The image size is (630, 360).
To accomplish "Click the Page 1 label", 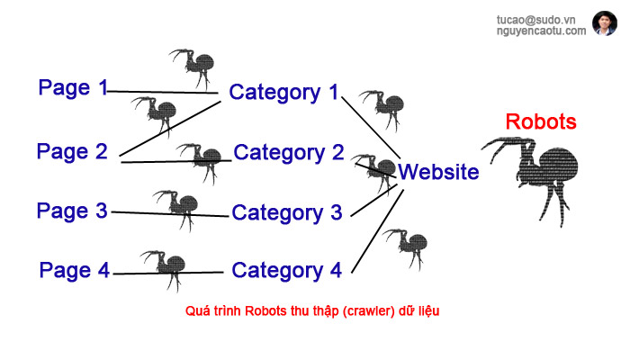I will [x=72, y=88].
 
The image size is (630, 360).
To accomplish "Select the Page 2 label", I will [x=72, y=151].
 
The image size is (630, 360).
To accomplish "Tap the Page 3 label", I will [x=72, y=211].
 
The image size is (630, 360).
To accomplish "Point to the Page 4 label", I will [x=74, y=270].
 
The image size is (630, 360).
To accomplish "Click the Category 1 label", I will [x=283, y=92].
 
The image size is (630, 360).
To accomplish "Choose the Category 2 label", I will [x=289, y=152].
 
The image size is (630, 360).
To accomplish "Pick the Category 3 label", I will [x=287, y=213].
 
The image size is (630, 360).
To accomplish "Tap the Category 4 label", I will [x=287, y=270].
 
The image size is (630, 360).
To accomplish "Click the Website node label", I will [x=439, y=172].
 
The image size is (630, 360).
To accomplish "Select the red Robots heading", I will [x=541, y=121].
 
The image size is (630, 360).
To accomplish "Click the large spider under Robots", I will [x=535, y=171].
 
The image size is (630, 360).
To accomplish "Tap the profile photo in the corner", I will [x=604, y=23].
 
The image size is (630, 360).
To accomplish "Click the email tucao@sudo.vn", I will [x=541, y=19].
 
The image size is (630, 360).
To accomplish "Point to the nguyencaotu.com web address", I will [x=541, y=31].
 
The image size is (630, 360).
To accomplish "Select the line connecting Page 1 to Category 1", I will [x=162, y=92].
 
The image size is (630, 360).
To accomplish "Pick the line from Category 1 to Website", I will [x=369, y=127].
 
